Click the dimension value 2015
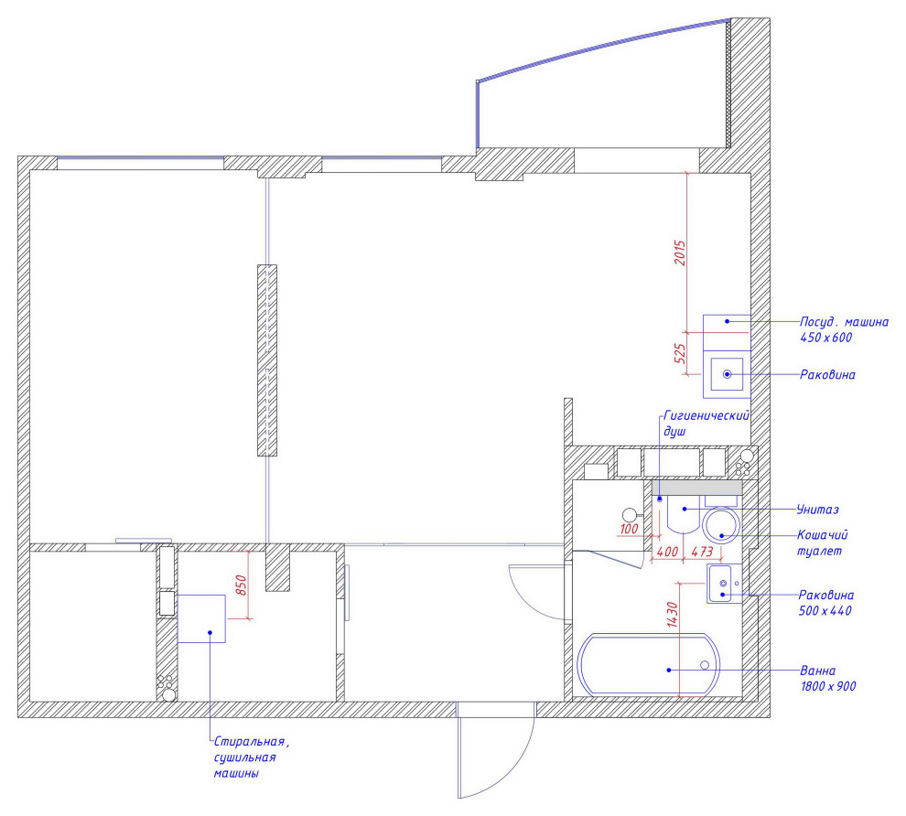point(680,253)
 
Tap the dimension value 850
point(242,585)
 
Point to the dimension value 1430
point(672,615)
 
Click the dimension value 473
point(702,552)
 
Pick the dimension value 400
point(667,552)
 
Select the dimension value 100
point(630,529)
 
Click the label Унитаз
point(817,510)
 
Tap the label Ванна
point(817,671)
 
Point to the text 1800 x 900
point(828,686)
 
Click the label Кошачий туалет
point(822,542)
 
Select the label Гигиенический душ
point(706,424)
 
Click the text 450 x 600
point(825,338)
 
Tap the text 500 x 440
point(825,610)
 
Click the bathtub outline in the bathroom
point(649,635)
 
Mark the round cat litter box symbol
point(722,509)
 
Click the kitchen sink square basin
point(727,359)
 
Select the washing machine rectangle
point(201,596)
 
